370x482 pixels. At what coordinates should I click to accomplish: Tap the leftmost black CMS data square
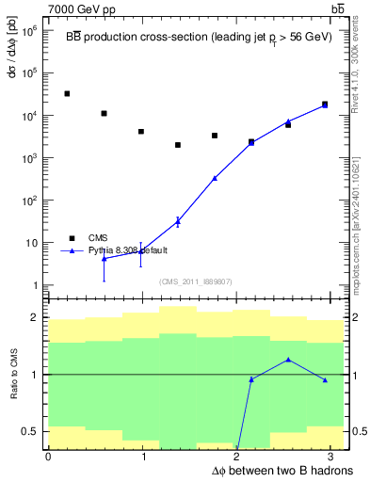pyautogui.click(x=67, y=94)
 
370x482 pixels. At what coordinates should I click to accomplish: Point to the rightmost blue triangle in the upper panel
pyautogui.click(x=325, y=105)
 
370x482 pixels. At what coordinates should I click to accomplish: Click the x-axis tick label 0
pyautogui.click(x=48, y=458)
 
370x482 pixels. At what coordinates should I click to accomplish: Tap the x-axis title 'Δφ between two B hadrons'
pyautogui.click(x=267, y=470)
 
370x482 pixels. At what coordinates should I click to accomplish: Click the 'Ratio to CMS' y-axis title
pyautogui.click(x=12, y=376)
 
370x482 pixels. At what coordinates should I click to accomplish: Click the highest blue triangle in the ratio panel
pyautogui.click(x=288, y=360)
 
